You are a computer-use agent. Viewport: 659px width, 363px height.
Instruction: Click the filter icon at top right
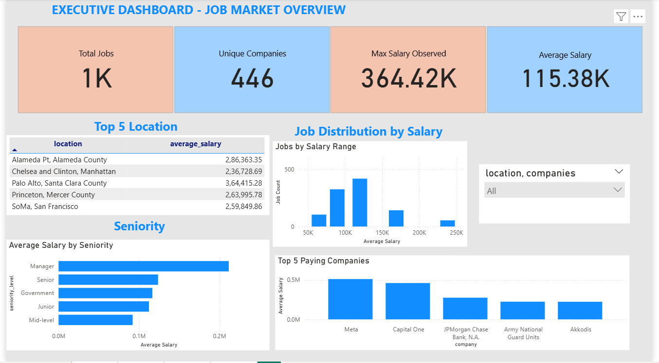coord(621,17)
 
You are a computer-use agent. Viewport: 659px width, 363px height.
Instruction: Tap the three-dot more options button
coord(638,17)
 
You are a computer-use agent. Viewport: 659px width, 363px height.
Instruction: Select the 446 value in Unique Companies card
coord(252,78)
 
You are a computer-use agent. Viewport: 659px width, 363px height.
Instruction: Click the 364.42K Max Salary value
coord(408,78)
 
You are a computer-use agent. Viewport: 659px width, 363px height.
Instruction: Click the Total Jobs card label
coord(96,53)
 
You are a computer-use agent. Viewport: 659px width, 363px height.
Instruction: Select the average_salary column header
coord(195,144)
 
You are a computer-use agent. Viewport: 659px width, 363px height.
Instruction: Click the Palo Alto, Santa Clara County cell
coord(59,183)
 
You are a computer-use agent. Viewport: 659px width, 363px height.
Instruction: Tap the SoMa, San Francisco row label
coord(45,207)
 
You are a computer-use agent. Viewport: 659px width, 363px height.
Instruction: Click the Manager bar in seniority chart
coord(144,266)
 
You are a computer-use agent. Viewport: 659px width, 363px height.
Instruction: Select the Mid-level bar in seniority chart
coord(95,320)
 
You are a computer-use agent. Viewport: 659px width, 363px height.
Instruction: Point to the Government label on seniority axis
coord(37,293)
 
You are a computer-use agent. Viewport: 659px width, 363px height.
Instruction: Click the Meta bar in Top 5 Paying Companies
coord(350,299)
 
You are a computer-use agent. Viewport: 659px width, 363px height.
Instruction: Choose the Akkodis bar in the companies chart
coord(580,311)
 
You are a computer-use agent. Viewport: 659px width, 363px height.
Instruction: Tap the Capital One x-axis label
coord(408,329)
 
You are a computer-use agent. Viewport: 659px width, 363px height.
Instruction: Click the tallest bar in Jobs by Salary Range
coord(360,203)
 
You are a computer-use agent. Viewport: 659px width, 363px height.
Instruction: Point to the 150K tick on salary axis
coord(382,233)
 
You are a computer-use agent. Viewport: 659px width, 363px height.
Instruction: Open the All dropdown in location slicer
coord(554,190)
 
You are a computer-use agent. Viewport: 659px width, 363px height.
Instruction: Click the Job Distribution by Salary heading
coord(368,131)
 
